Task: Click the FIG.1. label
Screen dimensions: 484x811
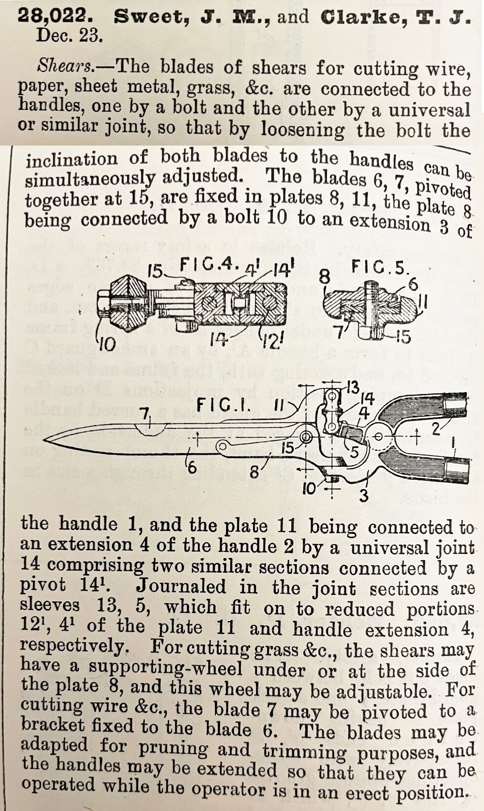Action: coord(225,407)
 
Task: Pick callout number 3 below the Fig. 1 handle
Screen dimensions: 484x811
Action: coord(364,496)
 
